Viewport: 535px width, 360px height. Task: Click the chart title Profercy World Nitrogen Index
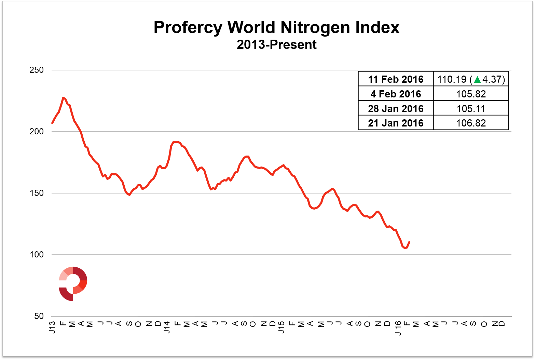point(276,27)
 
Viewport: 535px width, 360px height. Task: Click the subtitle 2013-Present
point(276,45)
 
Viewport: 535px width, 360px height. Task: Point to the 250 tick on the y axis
point(37,70)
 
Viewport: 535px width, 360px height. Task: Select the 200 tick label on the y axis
point(37,132)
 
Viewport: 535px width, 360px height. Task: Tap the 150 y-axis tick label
point(37,193)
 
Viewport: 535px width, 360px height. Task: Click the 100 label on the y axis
point(37,255)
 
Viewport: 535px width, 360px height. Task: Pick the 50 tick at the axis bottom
point(39,316)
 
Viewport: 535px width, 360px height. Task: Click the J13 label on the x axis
point(52,327)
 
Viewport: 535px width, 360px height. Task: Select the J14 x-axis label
point(167,327)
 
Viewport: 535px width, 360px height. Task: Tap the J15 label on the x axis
point(281,327)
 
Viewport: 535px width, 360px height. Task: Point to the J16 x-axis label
point(398,328)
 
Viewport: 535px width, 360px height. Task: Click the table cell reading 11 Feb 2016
point(396,79)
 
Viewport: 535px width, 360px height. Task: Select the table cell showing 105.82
point(471,94)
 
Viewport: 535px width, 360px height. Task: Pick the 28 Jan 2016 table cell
point(396,109)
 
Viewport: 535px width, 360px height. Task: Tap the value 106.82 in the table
point(471,123)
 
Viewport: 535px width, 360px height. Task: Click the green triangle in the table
point(478,79)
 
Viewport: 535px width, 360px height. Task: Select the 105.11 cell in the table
point(471,109)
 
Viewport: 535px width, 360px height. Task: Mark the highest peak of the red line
point(63,98)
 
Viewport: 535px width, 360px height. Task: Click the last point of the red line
point(409,242)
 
